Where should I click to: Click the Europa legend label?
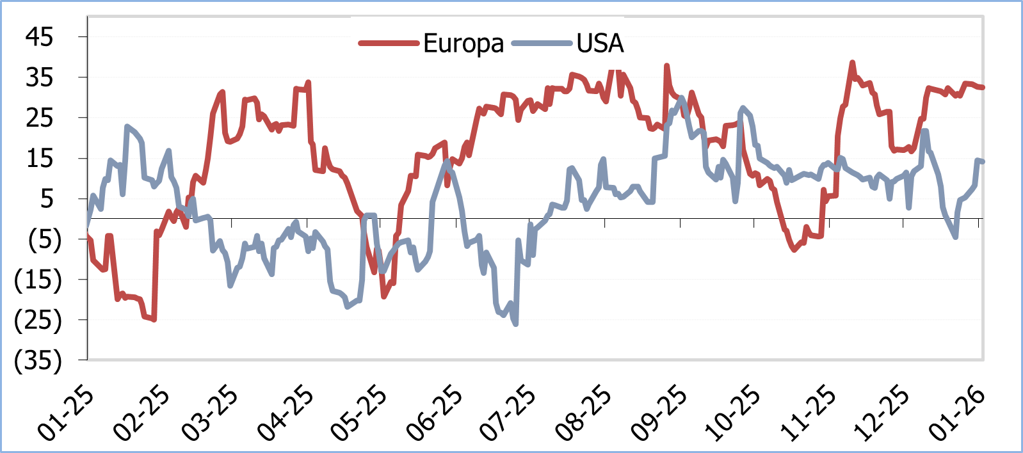point(463,44)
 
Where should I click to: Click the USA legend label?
point(600,44)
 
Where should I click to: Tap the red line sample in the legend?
point(389,44)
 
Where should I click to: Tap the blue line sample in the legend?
point(542,44)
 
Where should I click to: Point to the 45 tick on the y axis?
point(39,36)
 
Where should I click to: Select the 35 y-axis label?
point(39,77)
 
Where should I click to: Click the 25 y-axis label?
point(39,118)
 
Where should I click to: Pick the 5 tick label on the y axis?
point(47,199)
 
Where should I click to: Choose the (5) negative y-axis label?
point(44,239)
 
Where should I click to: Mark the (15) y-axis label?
point(38,280)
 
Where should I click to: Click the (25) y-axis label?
point(38,320)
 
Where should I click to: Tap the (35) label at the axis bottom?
point(38,360)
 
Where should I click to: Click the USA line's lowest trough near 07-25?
point(515,324)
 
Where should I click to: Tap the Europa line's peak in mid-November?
point(852,63)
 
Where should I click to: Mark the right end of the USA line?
point(983,161)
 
